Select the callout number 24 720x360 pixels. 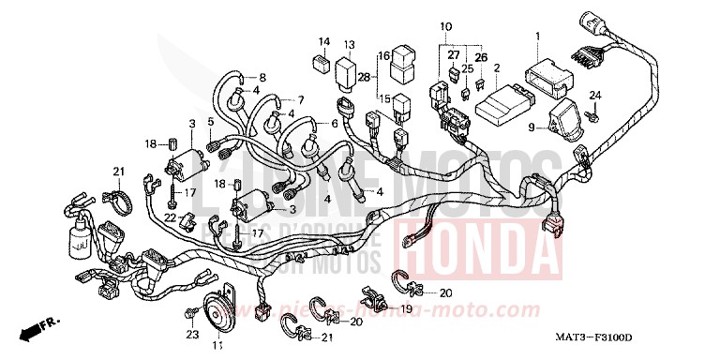click(x=593, y=97)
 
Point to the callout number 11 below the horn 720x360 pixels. click(x=217, y=347)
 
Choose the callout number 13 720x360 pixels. click(x=348, y=44)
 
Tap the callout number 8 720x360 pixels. click(x=262, y=77)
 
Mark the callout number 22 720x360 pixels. click(x=172, y=217)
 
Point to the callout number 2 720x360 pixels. click(x=496, y=67)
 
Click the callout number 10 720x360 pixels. click(x=445, y=24)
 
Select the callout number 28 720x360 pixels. click(x=363, y=77)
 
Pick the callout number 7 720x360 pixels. click(x=303, y=98)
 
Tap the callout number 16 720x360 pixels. click(x=384, y=55)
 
